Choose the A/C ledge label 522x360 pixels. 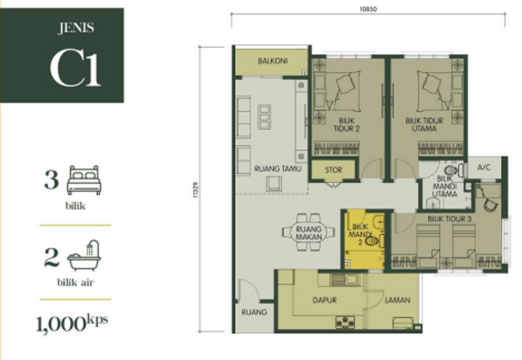[484, 168]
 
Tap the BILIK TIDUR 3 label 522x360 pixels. [450, 219]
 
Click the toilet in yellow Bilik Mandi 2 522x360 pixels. [373, 240]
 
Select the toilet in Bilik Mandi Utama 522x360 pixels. [459, 172]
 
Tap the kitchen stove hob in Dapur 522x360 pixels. [344, 321]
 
